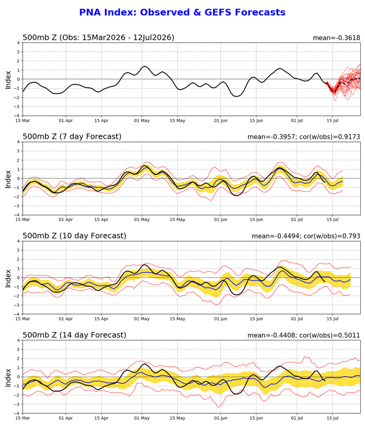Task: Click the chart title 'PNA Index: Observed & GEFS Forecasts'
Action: pos(182,12)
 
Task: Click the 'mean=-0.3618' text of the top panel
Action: pos(336,38)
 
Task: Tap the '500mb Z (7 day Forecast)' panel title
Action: pos(72,137)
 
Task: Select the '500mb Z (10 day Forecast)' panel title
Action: pos(74,235)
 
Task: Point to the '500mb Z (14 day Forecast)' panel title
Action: pos(74,335)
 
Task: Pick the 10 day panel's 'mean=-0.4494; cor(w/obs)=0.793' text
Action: pos(306,236)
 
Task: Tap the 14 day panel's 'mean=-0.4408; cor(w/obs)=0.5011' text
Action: pos(304,335)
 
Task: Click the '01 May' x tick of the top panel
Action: pos(142,121)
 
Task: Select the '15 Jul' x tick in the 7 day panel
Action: pos(333,219)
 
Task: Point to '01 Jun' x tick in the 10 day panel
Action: pos(221,319)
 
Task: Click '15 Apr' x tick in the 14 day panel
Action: pos(101,418)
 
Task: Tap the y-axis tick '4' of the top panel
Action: pos(19,42)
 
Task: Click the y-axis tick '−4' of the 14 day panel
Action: pos(17,413)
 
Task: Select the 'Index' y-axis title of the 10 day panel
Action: pos(8,278)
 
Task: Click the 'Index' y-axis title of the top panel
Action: pos(8,80)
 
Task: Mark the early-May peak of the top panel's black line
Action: pos(144,66)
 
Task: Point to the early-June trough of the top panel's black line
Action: pos(236,96)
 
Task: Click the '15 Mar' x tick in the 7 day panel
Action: pos(22,219)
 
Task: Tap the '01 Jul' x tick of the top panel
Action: pos(297,121)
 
